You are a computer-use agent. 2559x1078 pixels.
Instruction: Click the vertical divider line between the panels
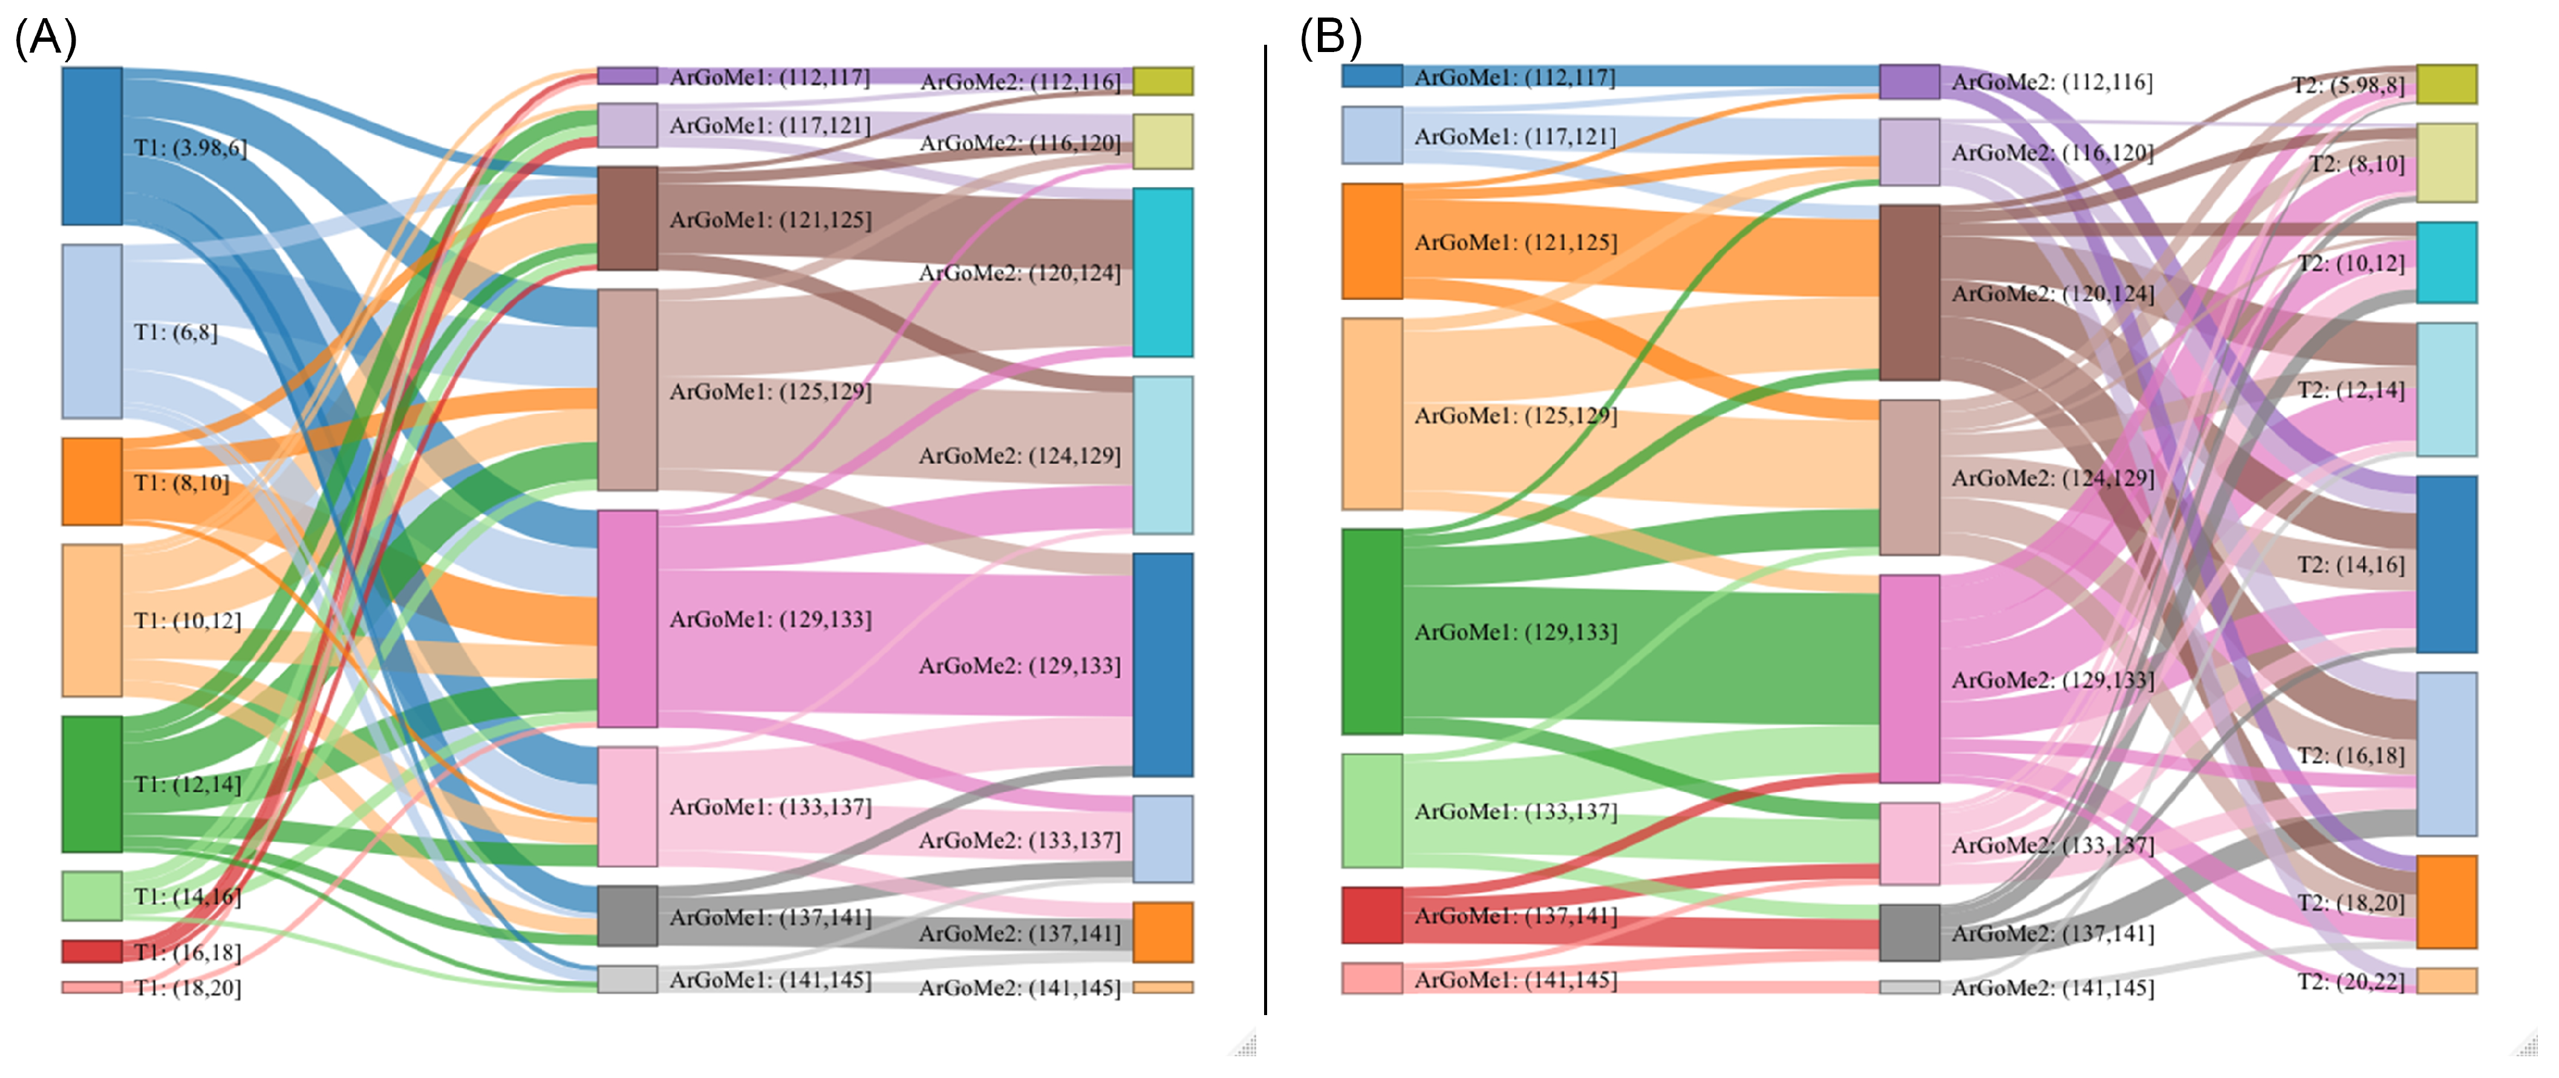pos(1266,526)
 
